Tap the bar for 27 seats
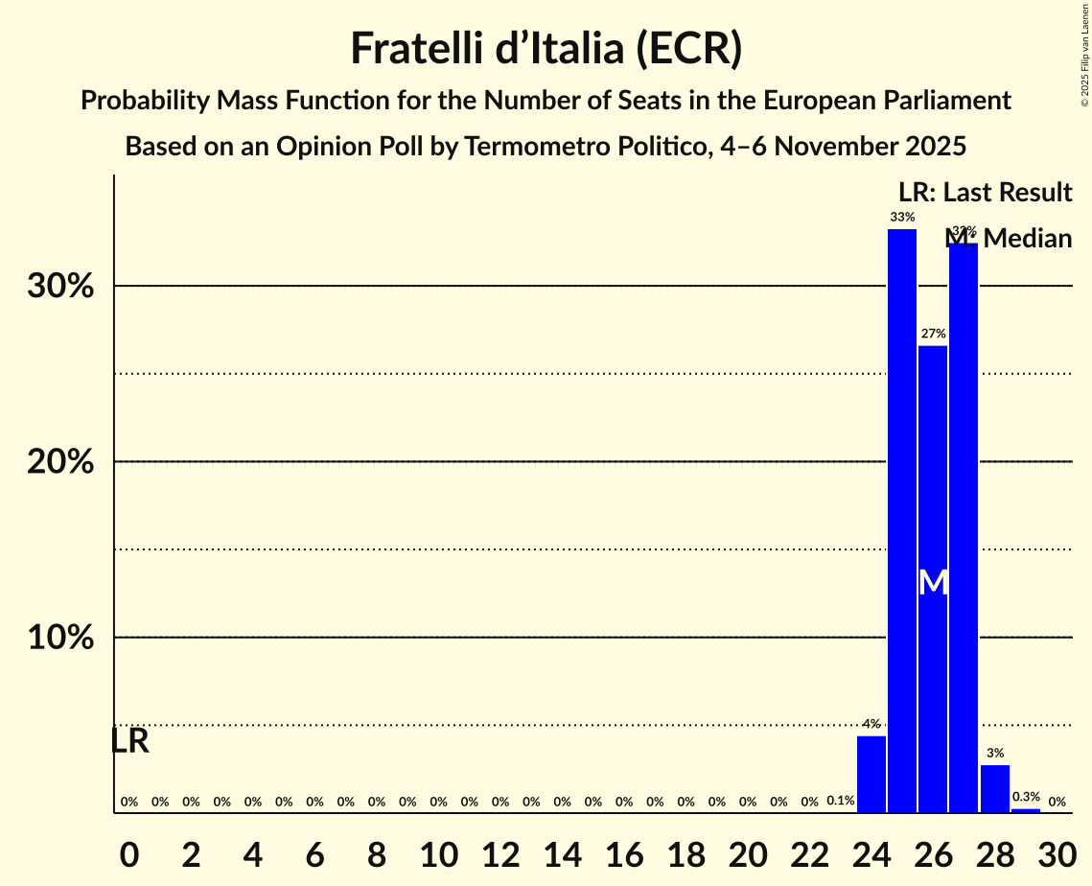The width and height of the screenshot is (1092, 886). click(x=964, y=527)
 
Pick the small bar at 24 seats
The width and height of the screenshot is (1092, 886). click(x=871, y=774)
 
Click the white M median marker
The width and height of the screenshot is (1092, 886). click(x=933, y=582)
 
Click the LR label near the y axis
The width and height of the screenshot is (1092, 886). click(x=129, y=741)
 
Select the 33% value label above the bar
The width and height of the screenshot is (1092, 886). click(x=901, y=218)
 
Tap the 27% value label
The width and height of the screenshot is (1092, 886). click(x=933, y=334)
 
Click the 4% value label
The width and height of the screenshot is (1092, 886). click(x=871, y=724)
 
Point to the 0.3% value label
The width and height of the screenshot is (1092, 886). click(x=1026, y=797)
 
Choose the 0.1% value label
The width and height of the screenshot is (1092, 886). click(x=840, y=801)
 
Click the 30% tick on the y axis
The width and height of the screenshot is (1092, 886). click(x=60, y=287)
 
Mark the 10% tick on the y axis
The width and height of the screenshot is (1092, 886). click(x=60, y=638)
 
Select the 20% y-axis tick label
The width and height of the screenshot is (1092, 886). click(x=60, y=462)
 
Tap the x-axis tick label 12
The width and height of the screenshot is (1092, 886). click(x=500, y=851)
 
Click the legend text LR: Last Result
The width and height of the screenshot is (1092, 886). click(x=985, y=193)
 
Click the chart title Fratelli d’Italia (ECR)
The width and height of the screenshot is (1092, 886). click(x=546, y=48)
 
